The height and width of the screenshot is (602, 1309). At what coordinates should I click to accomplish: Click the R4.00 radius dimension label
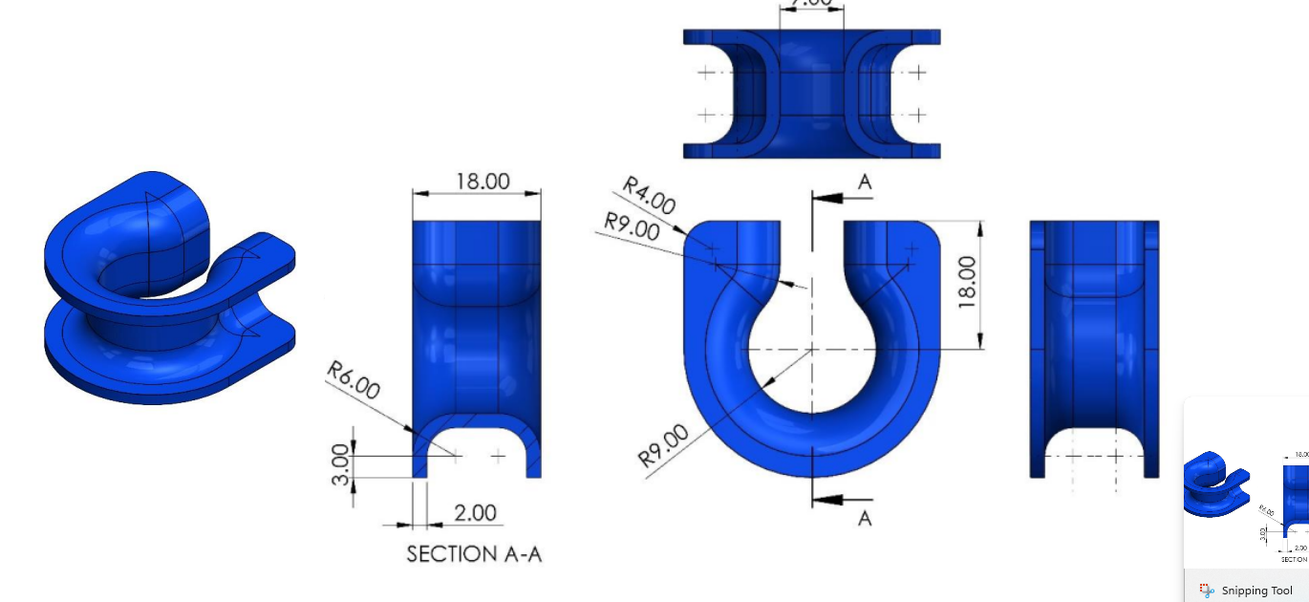[650, 195]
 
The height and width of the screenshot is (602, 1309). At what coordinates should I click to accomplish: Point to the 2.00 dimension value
[475, 513]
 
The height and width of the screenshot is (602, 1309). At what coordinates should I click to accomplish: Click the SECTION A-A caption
[474, 554]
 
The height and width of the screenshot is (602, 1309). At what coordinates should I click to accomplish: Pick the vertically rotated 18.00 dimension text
[967, 282]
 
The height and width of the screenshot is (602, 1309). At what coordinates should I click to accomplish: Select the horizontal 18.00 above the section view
[483, 181]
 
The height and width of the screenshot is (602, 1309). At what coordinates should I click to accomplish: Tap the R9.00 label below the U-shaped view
[663, 445]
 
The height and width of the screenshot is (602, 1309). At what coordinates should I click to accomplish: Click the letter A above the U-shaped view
[865, 182]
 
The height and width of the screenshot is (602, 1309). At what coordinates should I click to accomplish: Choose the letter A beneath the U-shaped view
[865, 518]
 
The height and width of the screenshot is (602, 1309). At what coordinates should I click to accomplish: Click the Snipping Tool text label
[1256, 591]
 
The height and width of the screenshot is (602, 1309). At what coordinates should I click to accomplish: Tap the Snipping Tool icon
[1207, 591]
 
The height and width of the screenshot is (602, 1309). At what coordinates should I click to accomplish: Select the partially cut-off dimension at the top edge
[811, 4]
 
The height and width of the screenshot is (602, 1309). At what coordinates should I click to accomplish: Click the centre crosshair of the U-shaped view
[811, 350]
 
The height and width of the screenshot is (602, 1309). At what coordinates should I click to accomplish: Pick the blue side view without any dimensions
[1094, 349]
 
